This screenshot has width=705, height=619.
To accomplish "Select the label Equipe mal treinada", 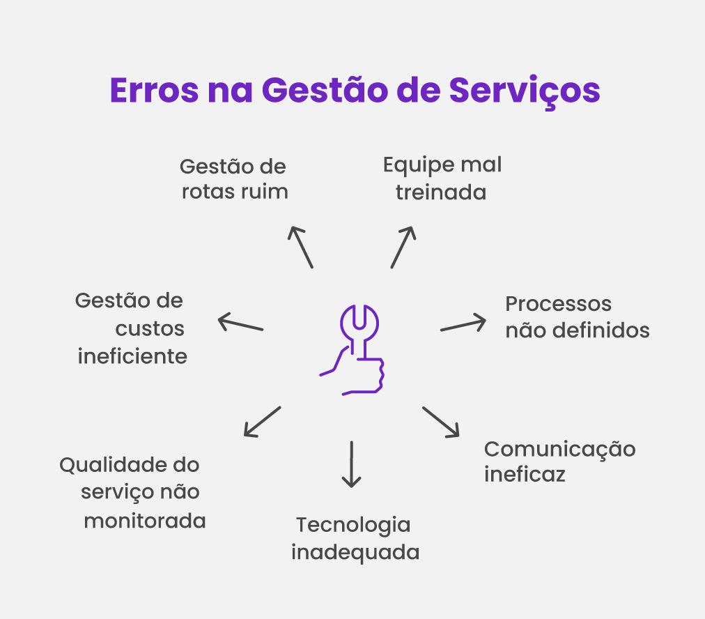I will click(x=442, y=178).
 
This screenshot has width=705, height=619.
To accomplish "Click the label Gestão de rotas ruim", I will click(x=234, y=179).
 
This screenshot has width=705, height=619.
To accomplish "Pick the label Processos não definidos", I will click(x=577, y=317).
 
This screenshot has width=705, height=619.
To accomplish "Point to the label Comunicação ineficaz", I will click(x=559, y=461).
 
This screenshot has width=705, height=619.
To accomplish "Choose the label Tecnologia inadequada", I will click(x=355, y=539).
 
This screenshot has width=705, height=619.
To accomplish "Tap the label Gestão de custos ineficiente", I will click(x=131, y=328).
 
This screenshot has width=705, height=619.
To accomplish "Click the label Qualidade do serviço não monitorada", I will click(x=132, y=492).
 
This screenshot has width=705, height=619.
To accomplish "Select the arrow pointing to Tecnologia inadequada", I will click(x=352, y=464).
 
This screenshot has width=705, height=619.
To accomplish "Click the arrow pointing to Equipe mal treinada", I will click(x=403, y=247).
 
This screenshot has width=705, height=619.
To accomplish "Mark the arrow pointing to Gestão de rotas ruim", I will click(x=301, y=247).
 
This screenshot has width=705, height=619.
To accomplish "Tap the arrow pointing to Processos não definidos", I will click(x=463, y=324).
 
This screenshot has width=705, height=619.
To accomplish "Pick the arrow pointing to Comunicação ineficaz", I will click(x=441, y=422).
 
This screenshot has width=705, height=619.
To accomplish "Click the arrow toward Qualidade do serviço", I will click(x=262, y=422).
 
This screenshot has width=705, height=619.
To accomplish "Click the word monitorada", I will click(x=145, y=521).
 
